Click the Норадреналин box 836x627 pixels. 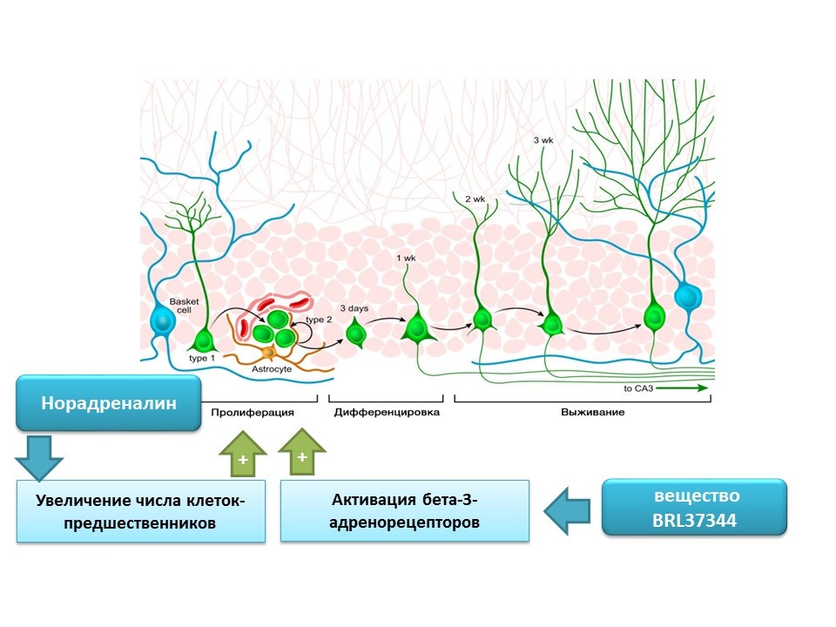(x=109, y=403)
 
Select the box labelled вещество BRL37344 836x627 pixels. (x=694, y=507)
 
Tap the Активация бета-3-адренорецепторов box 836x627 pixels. (x=405, y=511)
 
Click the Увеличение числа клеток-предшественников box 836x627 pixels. (x=140, y=513)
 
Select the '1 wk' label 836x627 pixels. (x=406, y=259)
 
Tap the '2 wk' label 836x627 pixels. (x=475, y=199)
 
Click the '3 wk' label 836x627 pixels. (x=543, y=139)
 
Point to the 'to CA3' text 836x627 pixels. (x=640, y=388)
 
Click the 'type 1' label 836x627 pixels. (x=202, y=358)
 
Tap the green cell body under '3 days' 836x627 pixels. (x=355, y=333)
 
